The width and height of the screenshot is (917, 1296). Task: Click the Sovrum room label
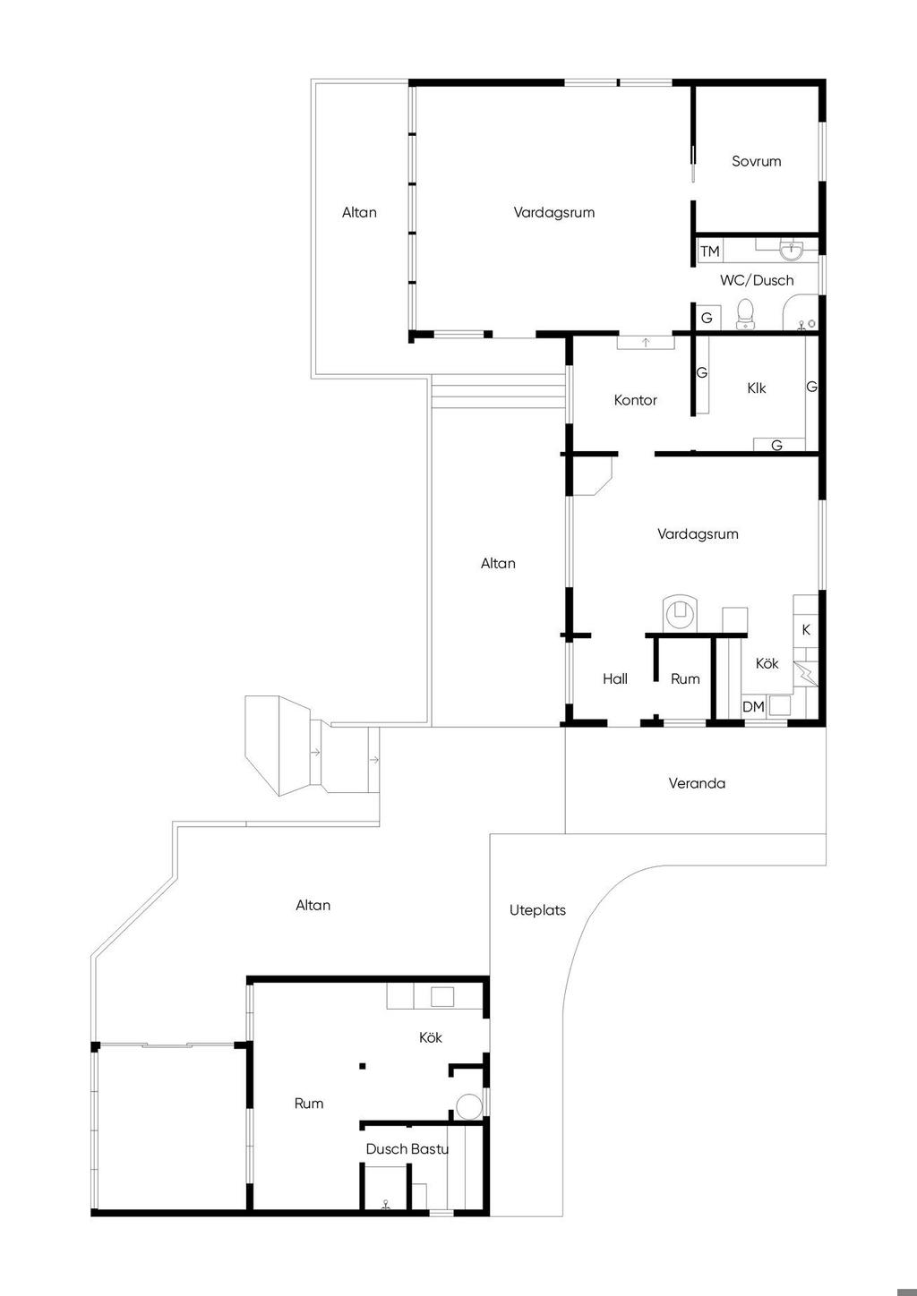click(756, 161)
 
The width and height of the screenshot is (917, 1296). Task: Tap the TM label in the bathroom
click(710, 252)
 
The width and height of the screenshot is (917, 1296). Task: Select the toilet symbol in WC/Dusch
click(745, 314)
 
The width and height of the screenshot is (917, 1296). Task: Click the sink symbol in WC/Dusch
click(792, 250)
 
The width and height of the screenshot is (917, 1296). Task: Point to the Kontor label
click(635, 400)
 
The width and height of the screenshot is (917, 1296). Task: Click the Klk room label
click(756, 388)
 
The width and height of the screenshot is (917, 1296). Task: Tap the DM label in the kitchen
click(753, 706)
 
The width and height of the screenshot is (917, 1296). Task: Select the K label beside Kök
click(806, 629)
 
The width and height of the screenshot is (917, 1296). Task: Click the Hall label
click(615, 678)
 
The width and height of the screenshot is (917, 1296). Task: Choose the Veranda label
click(697, 783)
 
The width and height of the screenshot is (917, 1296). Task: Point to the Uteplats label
click(537, 910)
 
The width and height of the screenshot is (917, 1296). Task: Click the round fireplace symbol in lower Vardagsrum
click(680, 612)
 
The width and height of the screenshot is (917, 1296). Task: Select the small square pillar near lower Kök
click(363, 1066)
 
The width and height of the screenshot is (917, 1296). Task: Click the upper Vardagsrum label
click(554, 212)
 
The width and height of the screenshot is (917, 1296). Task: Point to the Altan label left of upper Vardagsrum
click(359, 212)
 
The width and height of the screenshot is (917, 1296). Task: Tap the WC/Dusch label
click(757, 281)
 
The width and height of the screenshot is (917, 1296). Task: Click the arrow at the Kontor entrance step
click(646, 343)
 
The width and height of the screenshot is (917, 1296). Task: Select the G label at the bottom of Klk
click(777, 445)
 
